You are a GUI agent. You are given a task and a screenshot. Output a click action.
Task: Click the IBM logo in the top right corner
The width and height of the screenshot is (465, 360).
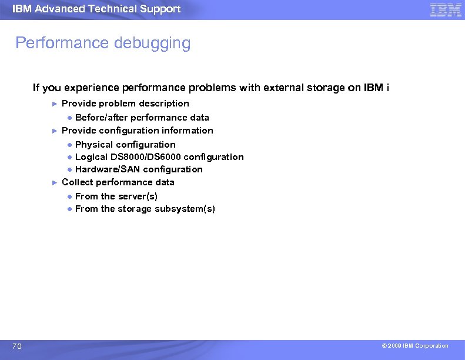click(445, 9)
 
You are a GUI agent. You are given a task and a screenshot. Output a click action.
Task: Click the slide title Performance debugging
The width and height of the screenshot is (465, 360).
click(103, 43)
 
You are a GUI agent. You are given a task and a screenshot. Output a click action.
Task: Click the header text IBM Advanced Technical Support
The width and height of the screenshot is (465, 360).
click(96, 9)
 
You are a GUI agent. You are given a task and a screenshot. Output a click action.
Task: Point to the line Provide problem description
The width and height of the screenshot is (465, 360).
click(125, 104)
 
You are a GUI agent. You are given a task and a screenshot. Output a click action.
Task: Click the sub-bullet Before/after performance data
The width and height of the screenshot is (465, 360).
click(142, 118)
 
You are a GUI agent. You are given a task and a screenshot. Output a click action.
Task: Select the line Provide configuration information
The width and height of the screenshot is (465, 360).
click(137, 131)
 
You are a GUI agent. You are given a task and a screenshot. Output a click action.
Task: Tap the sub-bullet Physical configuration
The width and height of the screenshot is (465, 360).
click(125, 145)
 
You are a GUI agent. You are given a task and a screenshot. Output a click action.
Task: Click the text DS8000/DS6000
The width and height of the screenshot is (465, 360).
click(145, 157)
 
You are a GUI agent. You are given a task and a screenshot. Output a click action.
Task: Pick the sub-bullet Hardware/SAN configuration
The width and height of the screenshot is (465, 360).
click(139, 169)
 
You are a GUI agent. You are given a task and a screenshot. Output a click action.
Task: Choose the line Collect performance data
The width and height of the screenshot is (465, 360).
click(118, 182)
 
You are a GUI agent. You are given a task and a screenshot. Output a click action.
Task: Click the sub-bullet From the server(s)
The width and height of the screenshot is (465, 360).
click(116, 196)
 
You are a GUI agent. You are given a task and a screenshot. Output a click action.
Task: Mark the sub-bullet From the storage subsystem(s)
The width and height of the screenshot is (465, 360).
click(145, 209)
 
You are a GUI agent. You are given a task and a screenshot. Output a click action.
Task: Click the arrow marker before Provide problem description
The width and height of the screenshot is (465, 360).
click(55, 104)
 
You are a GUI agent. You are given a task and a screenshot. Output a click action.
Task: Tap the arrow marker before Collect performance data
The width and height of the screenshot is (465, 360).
click(55, 182)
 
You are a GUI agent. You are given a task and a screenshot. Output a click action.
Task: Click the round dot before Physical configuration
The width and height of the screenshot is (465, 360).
click(69, 145)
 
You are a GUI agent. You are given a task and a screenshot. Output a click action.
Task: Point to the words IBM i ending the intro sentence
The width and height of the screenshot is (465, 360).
click(376, 88)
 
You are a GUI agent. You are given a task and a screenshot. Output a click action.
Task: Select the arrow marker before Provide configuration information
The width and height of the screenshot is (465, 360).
click(55, 131)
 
